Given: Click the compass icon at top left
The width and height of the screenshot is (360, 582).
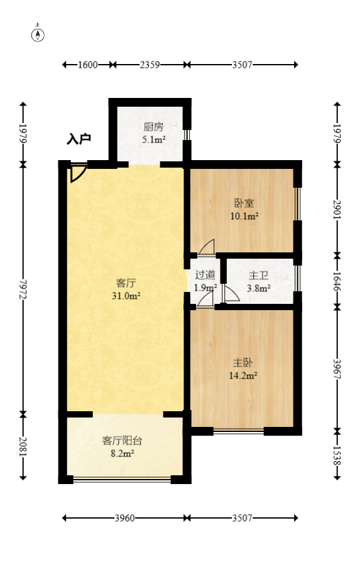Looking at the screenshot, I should click(38, 34).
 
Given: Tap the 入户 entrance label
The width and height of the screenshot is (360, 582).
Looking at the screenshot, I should click(79, 139).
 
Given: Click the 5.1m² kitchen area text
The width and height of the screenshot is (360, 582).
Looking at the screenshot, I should click(153, 139).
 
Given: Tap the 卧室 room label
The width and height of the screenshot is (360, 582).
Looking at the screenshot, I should click(244, 203).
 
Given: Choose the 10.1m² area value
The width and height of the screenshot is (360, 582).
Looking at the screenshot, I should click(244, 217).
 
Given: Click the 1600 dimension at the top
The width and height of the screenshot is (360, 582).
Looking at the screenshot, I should click(88, 64).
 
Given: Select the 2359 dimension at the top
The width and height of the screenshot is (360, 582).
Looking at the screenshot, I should click(150, 64).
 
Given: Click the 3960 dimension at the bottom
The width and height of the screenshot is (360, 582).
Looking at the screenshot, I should click(125, 518).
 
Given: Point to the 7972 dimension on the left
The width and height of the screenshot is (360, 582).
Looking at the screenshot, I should click(23, 288).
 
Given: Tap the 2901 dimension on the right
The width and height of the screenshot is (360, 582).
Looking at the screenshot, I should click(337, 210).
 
